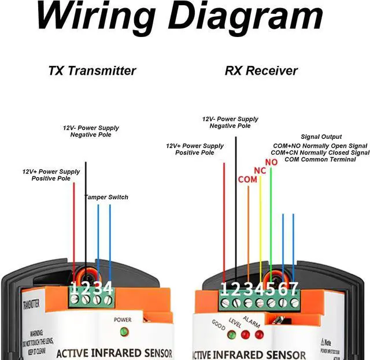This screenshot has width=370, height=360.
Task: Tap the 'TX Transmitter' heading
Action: pos(92,71)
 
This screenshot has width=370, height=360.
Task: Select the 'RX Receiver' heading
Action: pos(261,71)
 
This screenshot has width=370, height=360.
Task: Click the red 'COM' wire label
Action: pos(248,179)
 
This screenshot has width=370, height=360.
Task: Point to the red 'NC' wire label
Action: pos(260,171)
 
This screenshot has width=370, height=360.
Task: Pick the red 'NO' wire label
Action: pos(271,162)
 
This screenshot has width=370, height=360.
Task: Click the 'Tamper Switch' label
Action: pos(106,197)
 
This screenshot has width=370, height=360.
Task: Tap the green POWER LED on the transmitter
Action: pos(123,332)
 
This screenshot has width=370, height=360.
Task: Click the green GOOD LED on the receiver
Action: pos(231,334)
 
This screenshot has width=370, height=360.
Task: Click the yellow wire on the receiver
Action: pos(260,232)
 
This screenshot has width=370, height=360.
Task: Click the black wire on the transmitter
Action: pos(86,220)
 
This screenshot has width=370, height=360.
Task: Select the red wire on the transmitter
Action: pos(74,226)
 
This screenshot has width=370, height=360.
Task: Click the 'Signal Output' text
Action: pos(321,137)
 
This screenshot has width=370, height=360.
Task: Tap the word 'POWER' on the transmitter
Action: pos(123,319)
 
